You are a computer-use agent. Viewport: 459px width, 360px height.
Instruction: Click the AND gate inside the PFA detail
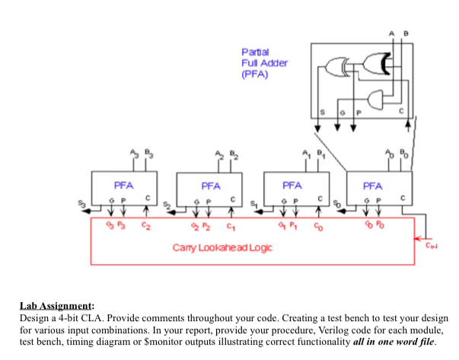click(375, 99)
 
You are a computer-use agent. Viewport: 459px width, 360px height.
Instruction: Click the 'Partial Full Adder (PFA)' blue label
click(264, 63)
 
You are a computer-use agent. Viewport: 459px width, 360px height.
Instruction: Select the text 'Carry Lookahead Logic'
click(222, 247)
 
